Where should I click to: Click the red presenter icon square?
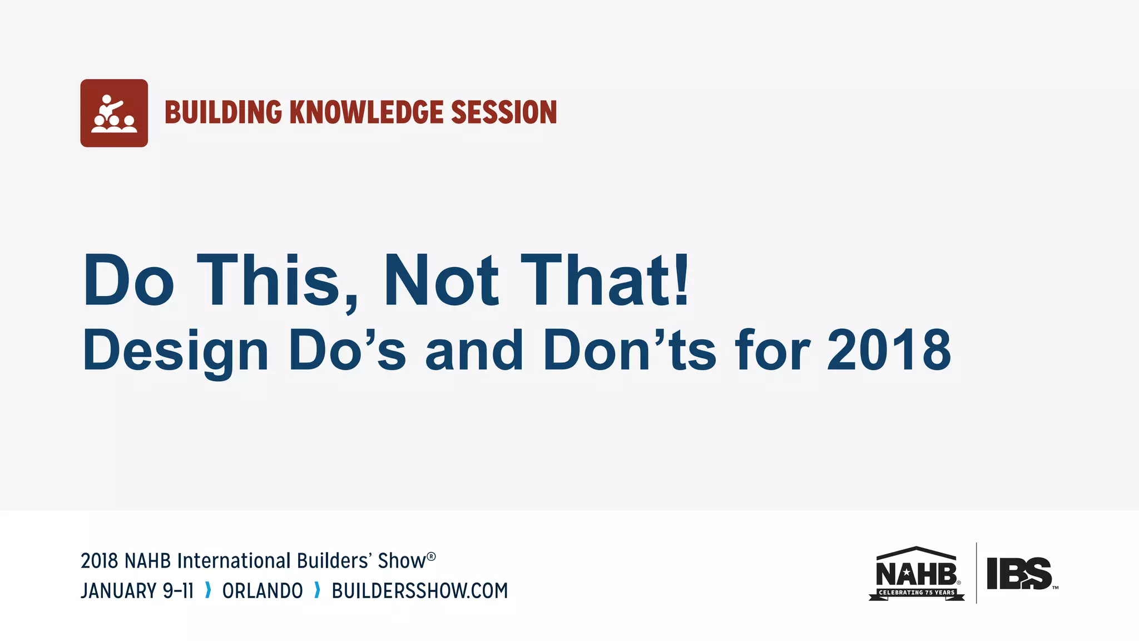[x=114, y=113]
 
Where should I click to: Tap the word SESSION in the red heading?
[x=503, y=112]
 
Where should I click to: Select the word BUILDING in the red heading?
[x=223, y=112]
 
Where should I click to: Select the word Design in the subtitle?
[x=175, y=351]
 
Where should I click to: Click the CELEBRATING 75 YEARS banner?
[x=917, y=593]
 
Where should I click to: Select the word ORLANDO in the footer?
[x=263, y=591]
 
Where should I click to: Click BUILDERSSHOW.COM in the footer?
[x=420, y=591]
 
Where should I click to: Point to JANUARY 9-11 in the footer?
[x=137, y=591]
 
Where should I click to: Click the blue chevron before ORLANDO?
[x=208, y=590]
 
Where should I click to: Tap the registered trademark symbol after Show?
[x=432, y=556]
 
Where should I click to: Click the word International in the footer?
[x=234, y=561]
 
